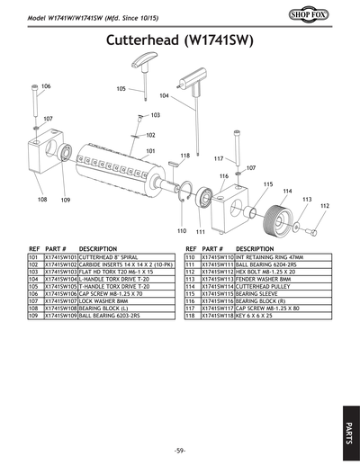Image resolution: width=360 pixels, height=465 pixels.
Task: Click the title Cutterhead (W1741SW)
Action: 180,40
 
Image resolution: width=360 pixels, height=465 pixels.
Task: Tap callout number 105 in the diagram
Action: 121,88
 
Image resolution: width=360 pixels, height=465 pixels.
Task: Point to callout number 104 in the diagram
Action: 164,95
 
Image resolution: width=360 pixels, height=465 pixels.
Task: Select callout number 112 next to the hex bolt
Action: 324,206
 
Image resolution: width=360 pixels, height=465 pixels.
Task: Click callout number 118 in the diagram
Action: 184,156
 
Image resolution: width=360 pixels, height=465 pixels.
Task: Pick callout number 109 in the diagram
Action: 66,200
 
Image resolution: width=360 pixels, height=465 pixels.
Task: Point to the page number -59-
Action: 180,449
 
